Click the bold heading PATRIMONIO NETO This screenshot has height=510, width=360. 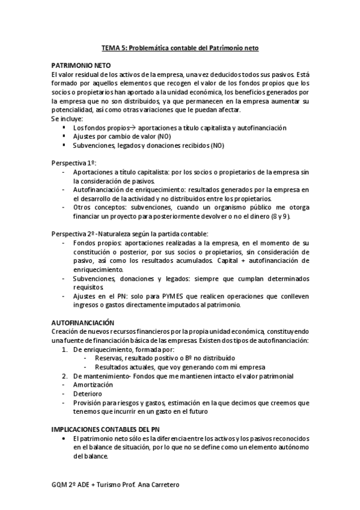pyautogui.click(x=81, y=64)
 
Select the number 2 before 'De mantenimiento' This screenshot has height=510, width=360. pyautogui.click(x=65, y=375)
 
